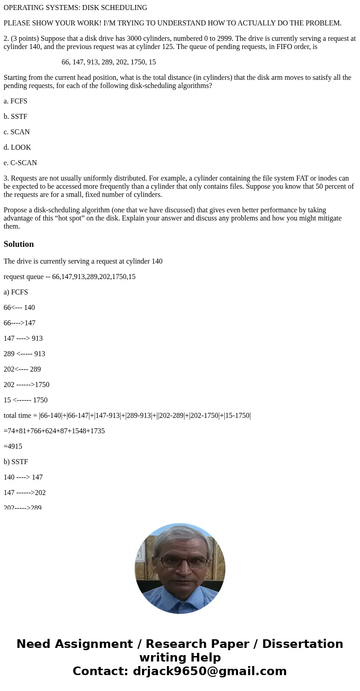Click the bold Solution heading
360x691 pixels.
[x=19, y=244]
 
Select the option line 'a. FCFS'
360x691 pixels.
[x=15, y=101]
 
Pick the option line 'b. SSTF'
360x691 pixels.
[x=15, y=117]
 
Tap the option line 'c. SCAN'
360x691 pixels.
[x=17, y=132]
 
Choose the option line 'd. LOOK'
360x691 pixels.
[x=17, y=147]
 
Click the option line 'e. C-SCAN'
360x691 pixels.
[x=20, y=163]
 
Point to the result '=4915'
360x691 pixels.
[x=13, y=446]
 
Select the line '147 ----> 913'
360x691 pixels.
[x=23, y=338]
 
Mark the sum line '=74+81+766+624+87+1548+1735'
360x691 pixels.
[x=54, y=431]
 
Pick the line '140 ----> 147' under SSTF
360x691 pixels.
[x=23, y=477]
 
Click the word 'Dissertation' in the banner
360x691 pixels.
[x=302, y=644]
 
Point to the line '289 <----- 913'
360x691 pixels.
[x=24, y=354]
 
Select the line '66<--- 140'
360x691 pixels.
[x=19, y=308]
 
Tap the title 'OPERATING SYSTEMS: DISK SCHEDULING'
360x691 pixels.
[x=75, y=8]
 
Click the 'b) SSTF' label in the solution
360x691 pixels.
[x=16, y=462]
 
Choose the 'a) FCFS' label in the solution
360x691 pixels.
[x=16, y=292]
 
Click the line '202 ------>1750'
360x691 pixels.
[x=26, y=385]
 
